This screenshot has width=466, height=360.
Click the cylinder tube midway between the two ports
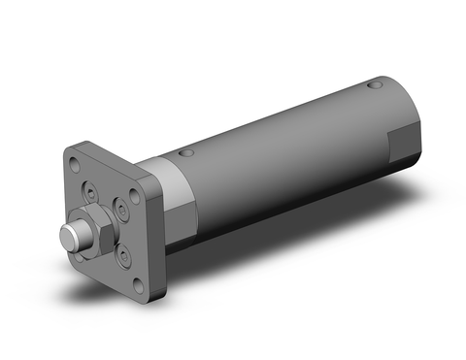click(282, 126)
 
